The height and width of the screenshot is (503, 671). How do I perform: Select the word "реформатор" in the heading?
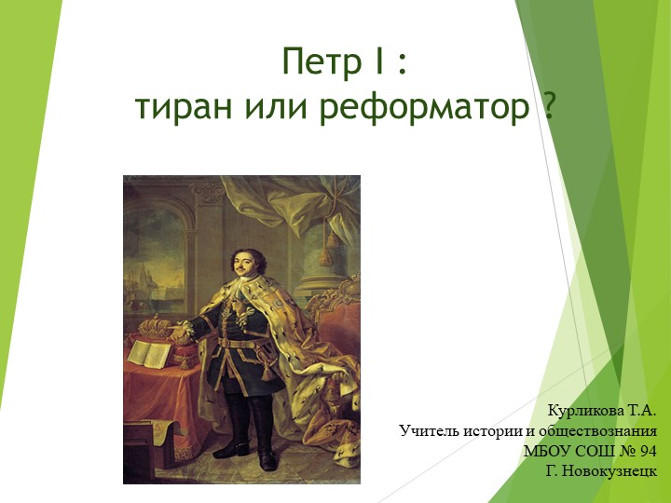point(424,110)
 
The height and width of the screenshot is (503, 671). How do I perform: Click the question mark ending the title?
point(550,108)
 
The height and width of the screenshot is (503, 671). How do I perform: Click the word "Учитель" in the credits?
point(427,431)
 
